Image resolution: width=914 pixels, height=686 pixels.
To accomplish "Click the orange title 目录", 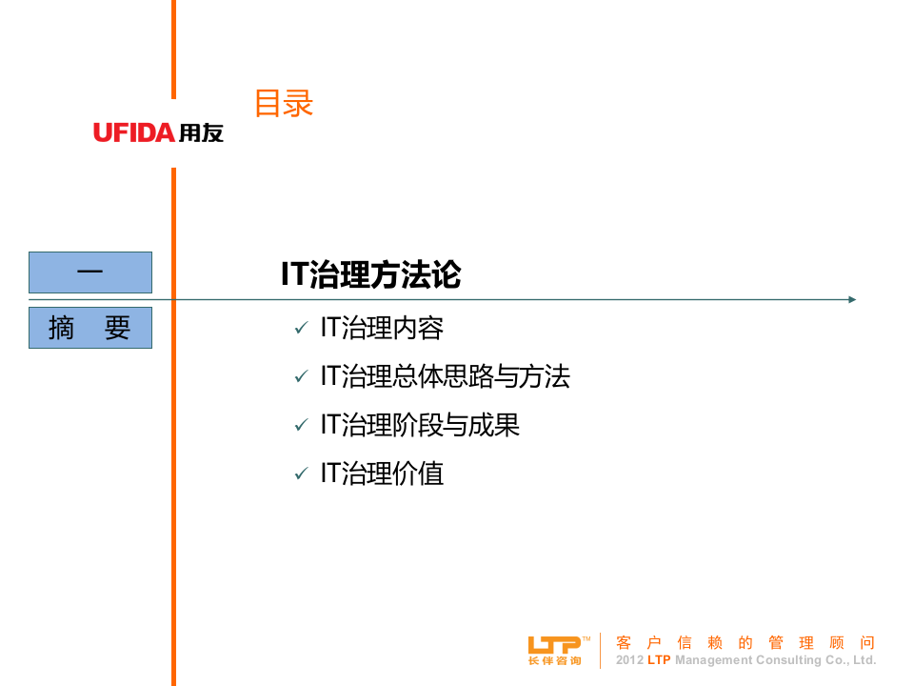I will coord(283,103).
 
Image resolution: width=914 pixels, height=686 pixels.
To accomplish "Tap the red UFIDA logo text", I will coord(134,133).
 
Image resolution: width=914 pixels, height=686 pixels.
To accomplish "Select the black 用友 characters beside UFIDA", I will coord(201,133).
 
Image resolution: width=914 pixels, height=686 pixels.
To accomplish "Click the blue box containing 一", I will coord(90,272).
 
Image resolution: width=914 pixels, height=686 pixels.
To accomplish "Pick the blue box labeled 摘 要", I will coord(90,328).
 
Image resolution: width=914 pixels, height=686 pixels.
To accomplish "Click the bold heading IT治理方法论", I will coord(370,274).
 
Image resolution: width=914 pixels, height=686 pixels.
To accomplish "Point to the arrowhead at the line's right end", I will coord(852,299).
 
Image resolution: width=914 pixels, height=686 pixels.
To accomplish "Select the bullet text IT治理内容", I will coord(382,328).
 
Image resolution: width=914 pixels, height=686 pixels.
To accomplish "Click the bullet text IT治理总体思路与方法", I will coord(445,376).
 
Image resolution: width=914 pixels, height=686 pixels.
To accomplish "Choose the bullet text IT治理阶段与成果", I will coord(420,425).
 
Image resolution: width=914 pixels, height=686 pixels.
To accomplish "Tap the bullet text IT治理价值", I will coord(382,474).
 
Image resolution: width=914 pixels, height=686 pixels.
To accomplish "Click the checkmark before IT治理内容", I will coord(301,329).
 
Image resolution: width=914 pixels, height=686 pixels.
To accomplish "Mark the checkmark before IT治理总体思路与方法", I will coord(301,377).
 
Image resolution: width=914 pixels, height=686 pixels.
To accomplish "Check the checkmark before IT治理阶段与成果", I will coord(301,426).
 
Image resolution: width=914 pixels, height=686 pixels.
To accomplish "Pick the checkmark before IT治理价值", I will coord(301,474).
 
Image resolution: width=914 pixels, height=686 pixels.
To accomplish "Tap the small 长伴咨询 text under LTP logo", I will coord(554,661).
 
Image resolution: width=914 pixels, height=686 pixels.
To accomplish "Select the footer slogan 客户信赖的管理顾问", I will coord(745,643).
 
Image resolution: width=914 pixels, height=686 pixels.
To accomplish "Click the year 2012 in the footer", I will coord(629,660).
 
